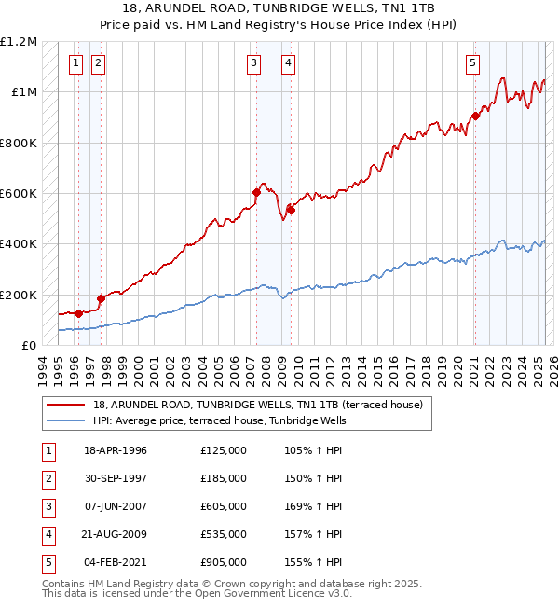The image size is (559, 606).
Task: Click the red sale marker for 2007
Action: click(256, 192)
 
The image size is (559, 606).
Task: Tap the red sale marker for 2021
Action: click(474, 116)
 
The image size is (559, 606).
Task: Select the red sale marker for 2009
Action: click(291, 210)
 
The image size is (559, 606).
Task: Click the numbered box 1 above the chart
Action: click(75, 63)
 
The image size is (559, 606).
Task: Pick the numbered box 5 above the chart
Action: click(473, 63)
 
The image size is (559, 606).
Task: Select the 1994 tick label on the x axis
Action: click(43, 368)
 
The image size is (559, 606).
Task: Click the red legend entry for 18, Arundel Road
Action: click(258, 405)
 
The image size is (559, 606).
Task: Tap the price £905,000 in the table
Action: click(224, 562)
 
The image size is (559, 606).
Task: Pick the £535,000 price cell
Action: click(224, 534)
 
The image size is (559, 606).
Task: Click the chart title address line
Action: click(279, 7)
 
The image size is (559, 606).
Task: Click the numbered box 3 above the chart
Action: click(253, 63)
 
